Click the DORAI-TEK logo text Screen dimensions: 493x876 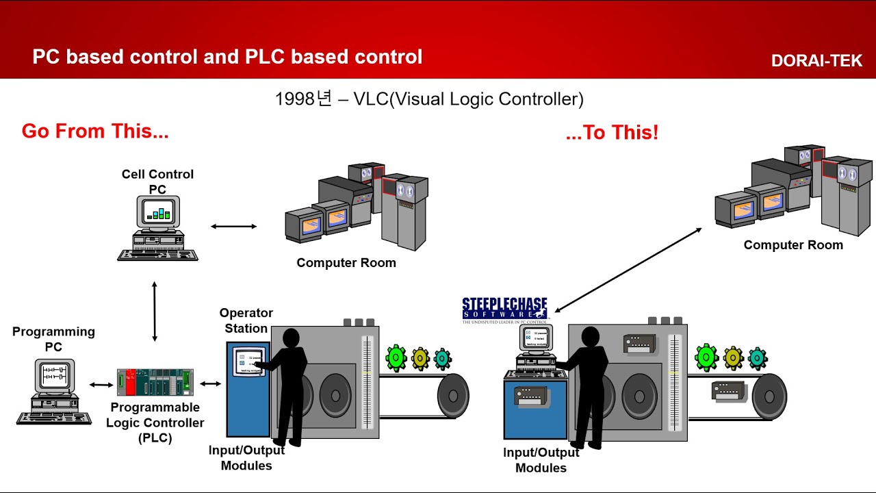click(x=816, y=61)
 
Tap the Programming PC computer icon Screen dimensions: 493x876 click(x=54, y=391)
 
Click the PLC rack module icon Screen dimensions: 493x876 click(x=155, y=382)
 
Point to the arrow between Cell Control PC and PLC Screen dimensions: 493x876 click(x=155, y=311)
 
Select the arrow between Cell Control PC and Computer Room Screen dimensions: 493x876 click(x=233, y=226)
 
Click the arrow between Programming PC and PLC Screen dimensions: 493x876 click(x=101, y=385)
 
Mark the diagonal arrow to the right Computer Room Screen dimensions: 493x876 click(x=628, y=270)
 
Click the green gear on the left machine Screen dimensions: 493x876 click(x=396, y=357)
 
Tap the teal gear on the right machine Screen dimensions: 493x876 click(x=757, y=358)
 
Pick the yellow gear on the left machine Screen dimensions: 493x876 click(x=420, y=357)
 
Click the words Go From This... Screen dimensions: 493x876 click(x=95, y=131)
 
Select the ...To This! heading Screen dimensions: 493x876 click(x=612, y=133)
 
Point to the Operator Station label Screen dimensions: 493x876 click(x=246, y=320)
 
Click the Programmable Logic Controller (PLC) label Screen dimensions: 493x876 click(x=155, y=422)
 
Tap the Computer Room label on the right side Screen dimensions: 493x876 click(x=793, y=245)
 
